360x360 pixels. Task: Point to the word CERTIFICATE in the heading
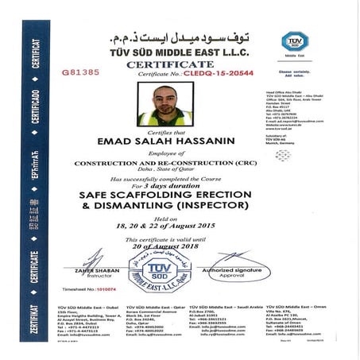pyautogui.click(x=171, y=62)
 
